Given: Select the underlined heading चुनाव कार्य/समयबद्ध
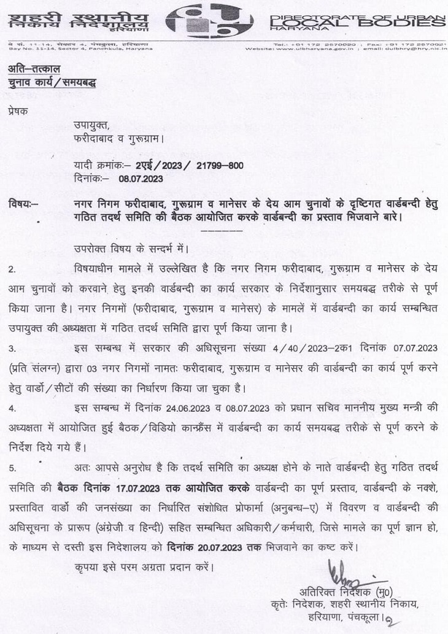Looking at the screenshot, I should tap(52, 83).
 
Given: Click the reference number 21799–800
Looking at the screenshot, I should tap(212, 165).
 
